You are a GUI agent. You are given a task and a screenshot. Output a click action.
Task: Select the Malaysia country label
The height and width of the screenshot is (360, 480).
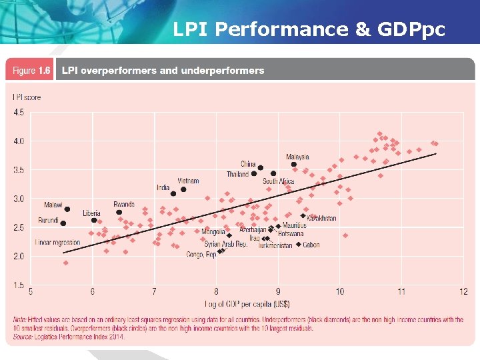click(297, 157)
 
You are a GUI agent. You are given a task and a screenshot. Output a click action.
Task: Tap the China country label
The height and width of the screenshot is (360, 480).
click(248, 164)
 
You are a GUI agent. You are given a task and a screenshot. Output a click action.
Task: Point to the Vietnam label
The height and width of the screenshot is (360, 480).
click(188, 181)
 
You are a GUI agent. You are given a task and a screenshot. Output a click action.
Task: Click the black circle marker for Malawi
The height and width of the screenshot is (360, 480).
click(67, 209)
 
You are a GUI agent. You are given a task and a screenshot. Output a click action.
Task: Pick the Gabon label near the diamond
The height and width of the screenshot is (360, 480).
click(311, 245)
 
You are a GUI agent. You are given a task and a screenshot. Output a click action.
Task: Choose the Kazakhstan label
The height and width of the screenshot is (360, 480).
click(322, 218)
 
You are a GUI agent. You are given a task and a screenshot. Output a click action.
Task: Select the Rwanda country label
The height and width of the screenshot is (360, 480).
click(124, 205)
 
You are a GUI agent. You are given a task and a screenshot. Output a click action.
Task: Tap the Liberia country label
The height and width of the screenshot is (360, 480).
click(91, 213)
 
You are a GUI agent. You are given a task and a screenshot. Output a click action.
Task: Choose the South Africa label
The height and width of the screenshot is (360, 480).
click(279, 181)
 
